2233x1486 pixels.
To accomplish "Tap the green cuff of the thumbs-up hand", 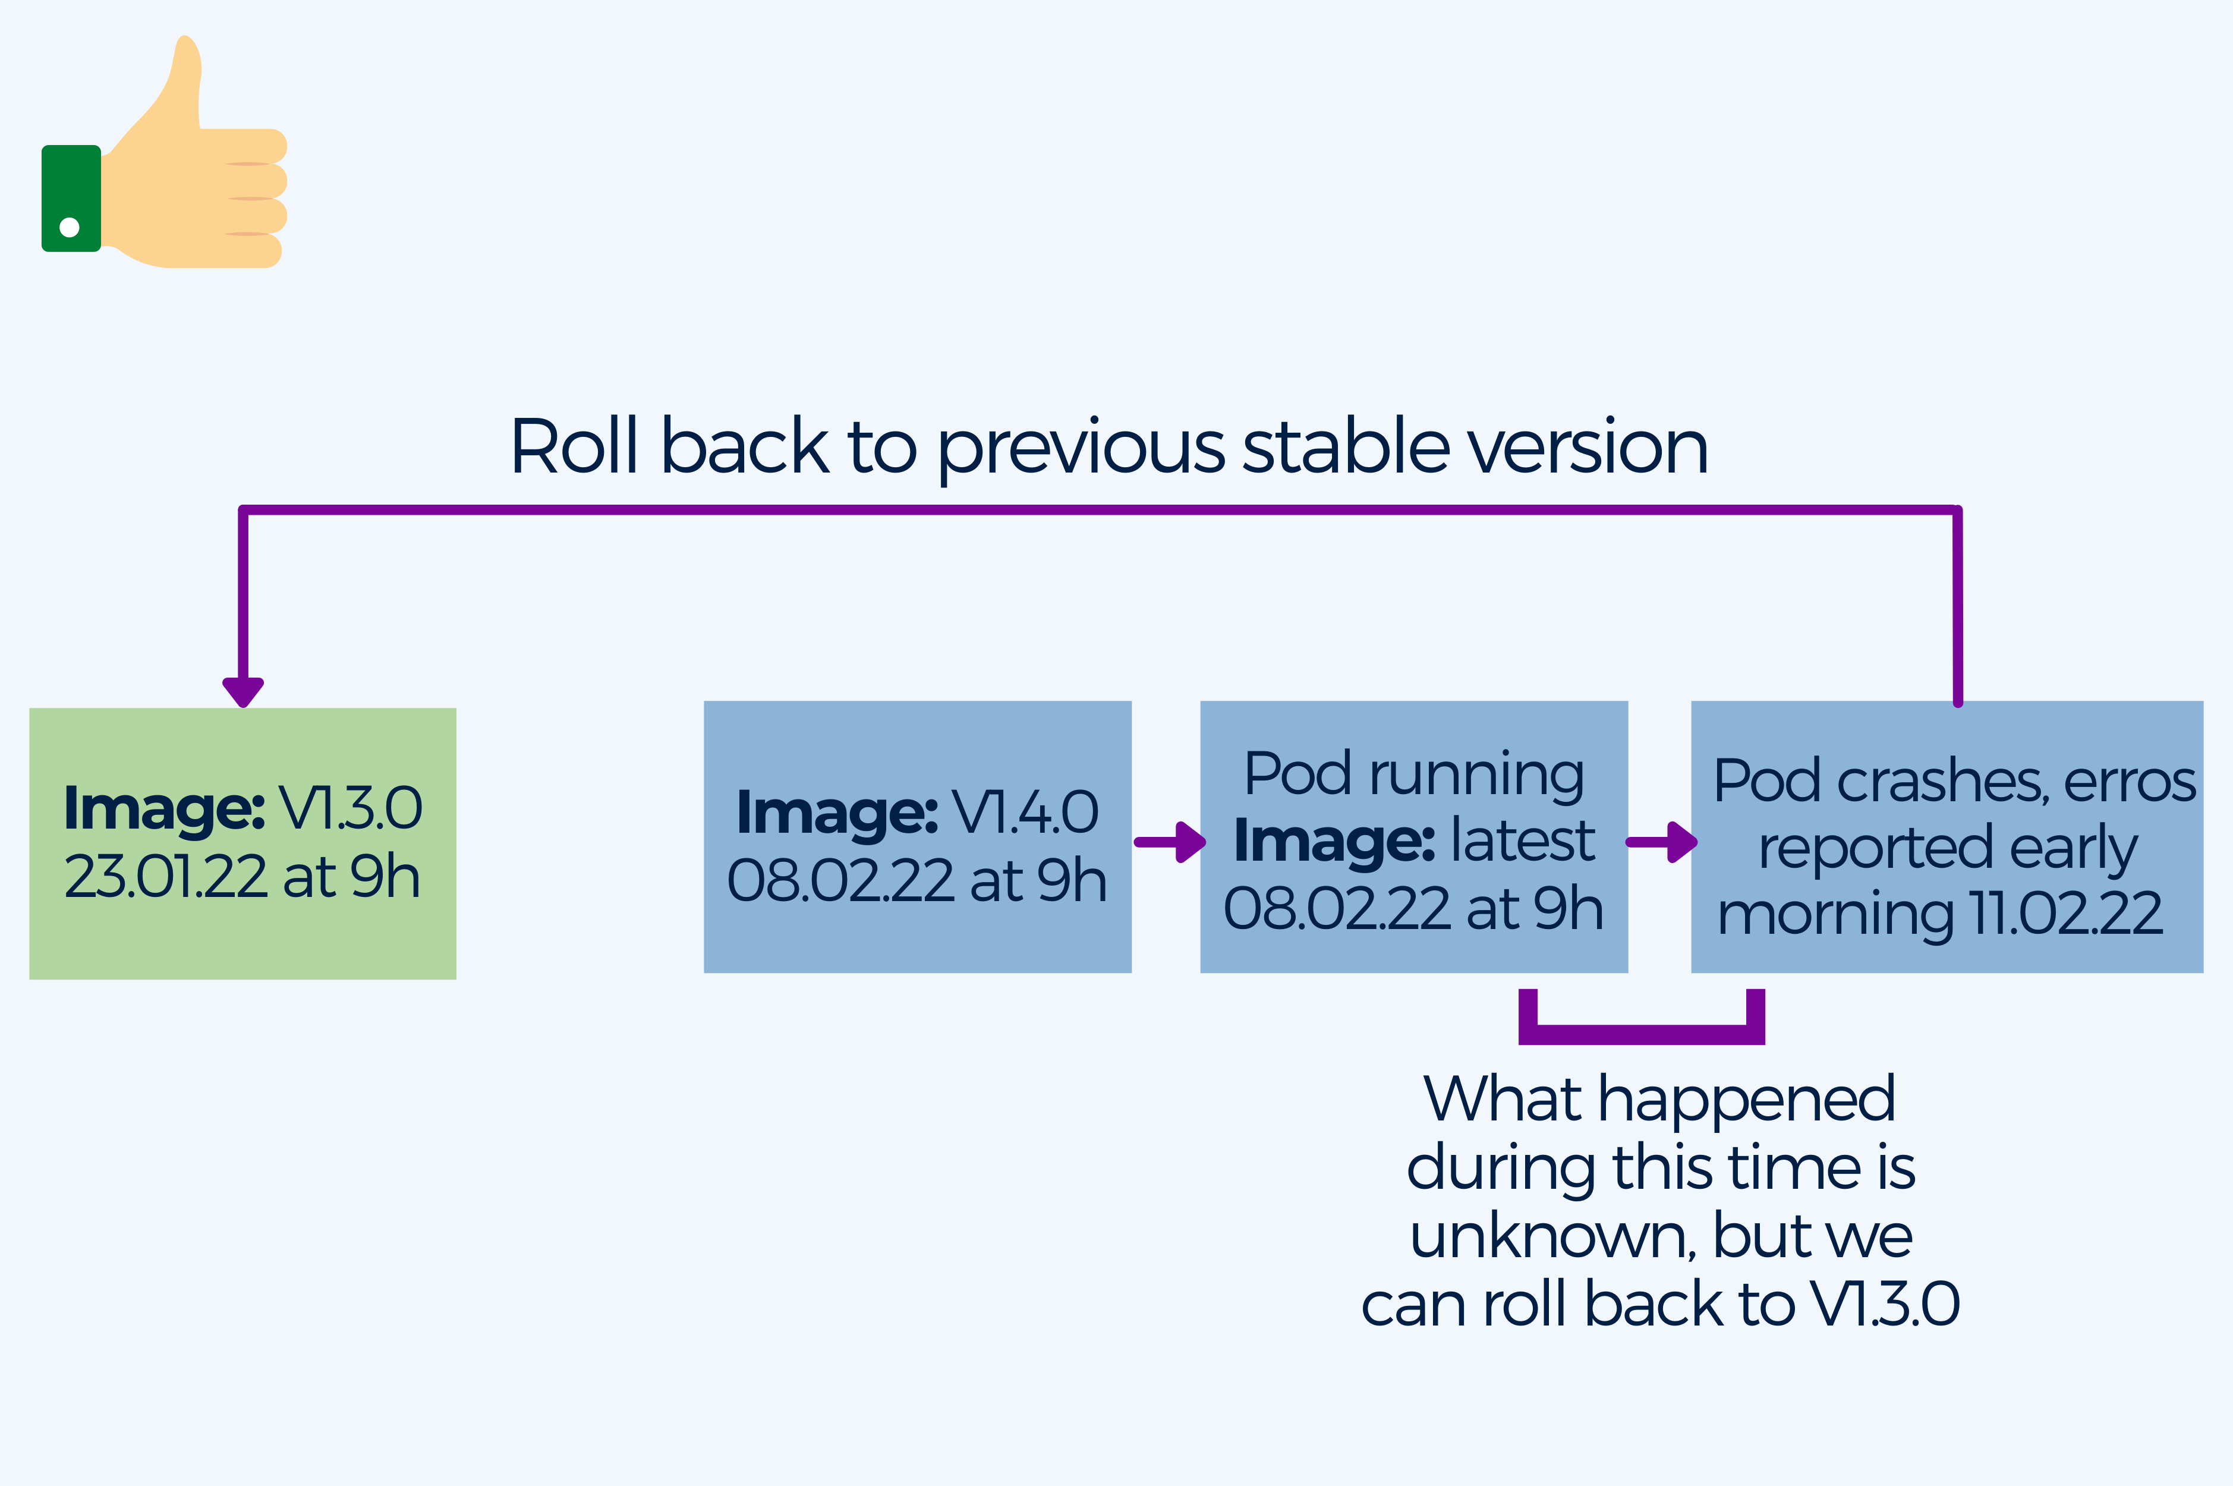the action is (x=71, y=198).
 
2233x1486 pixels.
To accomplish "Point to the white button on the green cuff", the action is (x=69, y=226).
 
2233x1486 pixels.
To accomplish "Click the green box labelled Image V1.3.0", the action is (x=242, y=843).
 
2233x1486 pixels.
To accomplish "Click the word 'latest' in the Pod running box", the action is (x=1523, y=840).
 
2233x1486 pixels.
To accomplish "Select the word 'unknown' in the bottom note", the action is (x=1554, y=1237).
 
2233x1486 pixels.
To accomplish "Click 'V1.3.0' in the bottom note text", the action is (x=1885, y=1304).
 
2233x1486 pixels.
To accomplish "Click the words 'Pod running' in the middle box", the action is (x=1413, y=775).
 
